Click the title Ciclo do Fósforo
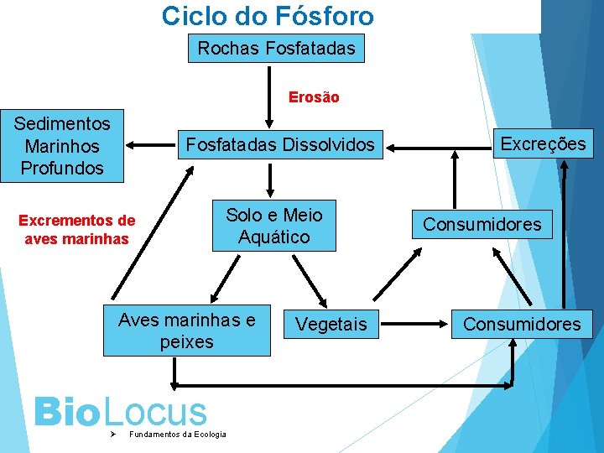point(268,15)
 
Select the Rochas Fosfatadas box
point(276,49)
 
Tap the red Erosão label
point(314,97)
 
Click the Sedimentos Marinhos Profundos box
point(62,146)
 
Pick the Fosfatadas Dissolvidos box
point(280,145)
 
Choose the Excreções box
point(543,143)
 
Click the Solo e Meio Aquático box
point(273,226)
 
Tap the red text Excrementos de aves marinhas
point(76,230)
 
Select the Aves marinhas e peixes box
point(186,331)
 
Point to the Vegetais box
point(331,324)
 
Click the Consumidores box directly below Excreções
point(482,224)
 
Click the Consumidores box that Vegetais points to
point(522,324)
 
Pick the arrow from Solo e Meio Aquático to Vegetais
point(311,281)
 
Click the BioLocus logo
point(119,413)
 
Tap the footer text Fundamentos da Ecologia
point(177,434)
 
